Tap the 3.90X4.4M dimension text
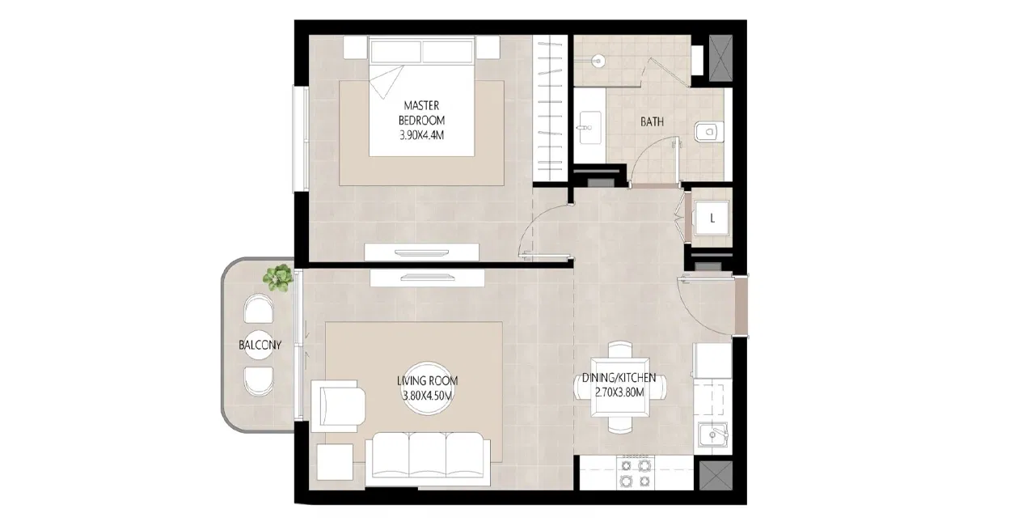click(x=422, y=136)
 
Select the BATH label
click(x=652, y=122)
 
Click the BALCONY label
click(x=260, y=346)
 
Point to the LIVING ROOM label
click(x=427, y=381)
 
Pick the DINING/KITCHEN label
click(x=619, y=378)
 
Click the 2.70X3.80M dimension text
click(x=619, y=393)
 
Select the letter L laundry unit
click(x=711, y=218)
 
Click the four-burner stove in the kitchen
click(x=634, y=473)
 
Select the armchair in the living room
click(x=340, y=405)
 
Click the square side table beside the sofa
click(x=334, y=464)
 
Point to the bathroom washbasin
click(x=588, y=127)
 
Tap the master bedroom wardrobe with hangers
click(x=551, y=109)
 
